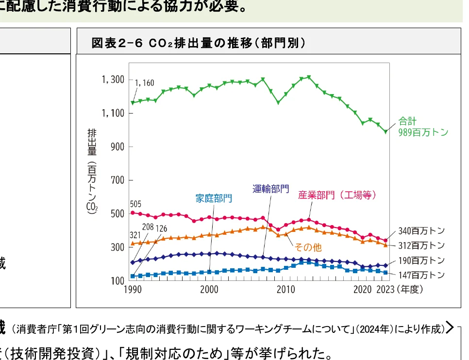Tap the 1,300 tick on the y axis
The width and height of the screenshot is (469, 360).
tap(113, 80)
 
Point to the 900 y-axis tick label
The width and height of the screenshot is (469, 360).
tap(117, 147)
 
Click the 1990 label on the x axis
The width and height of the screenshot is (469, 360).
tap(133, 290)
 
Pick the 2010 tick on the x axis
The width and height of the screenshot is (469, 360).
tap(286, 290)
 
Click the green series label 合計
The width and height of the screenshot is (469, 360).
tap(408, 121)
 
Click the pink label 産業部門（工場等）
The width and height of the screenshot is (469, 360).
tap(337, 196)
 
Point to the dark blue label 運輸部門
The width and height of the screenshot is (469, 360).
tap(270, 189)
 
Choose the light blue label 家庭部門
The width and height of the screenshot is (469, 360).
tap(214, 198)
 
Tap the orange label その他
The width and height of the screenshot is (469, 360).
tap(308, 247)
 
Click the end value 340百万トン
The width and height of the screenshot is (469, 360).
tap(421, 231)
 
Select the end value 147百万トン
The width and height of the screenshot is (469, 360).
tap(421, 275)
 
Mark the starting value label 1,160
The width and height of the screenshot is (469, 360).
tap(145, 83)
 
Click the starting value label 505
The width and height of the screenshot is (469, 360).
tap(136, 204)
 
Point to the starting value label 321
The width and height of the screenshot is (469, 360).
tap(135, 235)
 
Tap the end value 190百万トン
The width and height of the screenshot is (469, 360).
tap(421, 261)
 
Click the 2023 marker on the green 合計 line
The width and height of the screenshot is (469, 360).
tap(385, 131)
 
